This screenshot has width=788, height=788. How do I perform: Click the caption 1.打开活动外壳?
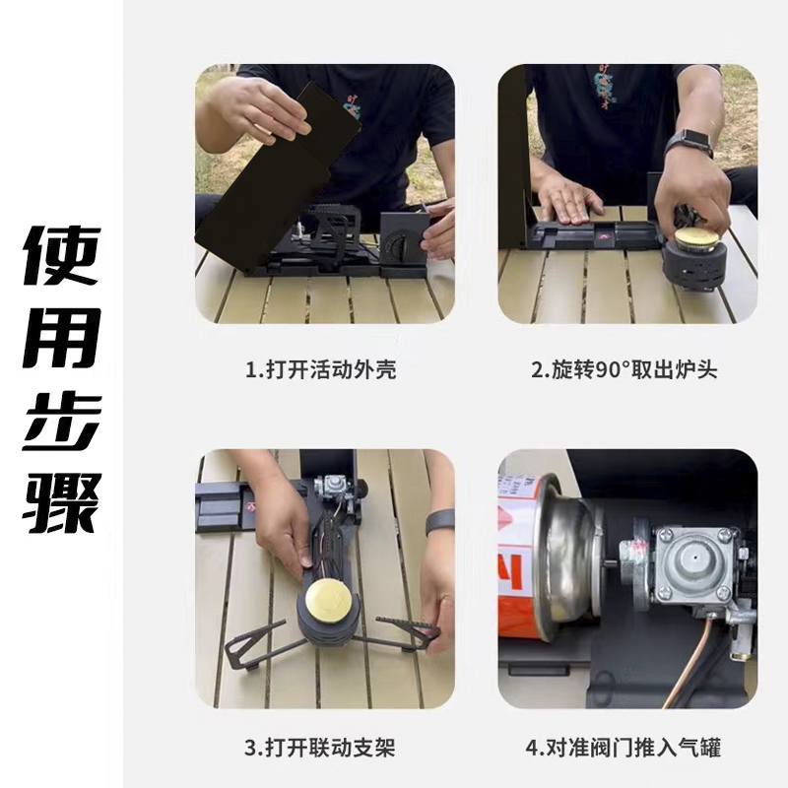[321, 370]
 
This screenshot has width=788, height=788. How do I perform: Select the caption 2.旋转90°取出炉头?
[624, 370]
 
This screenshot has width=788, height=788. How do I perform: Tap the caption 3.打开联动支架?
[320, 748]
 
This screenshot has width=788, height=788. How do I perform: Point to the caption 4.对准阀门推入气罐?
[624, 748]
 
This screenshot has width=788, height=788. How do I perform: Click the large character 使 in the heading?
[62, 256]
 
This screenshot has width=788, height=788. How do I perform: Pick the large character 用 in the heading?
[62, 338]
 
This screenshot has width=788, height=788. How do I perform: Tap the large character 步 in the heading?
[62, 421]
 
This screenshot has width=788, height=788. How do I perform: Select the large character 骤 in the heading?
[62, 502]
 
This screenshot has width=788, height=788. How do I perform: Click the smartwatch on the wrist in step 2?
[689, 143]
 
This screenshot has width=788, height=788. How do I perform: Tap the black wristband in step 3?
[439, 522]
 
